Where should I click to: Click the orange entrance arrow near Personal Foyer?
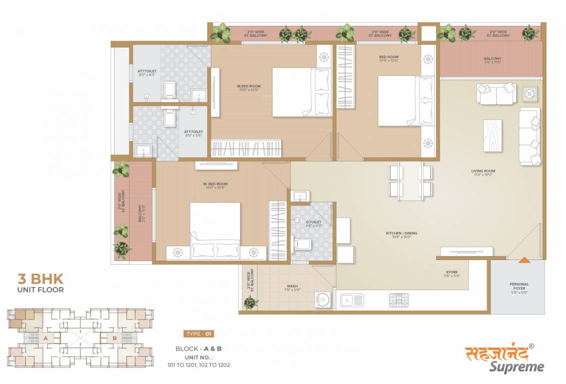[x=524, y=260]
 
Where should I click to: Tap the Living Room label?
[x=483, y=173]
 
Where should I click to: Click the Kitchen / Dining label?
[x=401, y=235]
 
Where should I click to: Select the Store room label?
[x=452, y=274]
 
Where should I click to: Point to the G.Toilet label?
[x=314, y=223]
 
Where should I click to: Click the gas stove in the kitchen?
[x=399, y=300]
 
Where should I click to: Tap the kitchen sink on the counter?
[x=352, y=300]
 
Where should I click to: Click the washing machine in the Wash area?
[x=323, y=300]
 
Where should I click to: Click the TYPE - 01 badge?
[x=198, y=333]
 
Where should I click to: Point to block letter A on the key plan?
[x=45, y=338]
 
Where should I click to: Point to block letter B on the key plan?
[x=114, y=338]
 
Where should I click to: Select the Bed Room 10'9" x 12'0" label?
[x=389, y=59]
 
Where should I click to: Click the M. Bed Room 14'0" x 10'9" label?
[x=215, y=186]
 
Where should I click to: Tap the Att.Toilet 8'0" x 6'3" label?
[x=146, y=73]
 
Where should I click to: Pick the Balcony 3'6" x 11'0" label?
[x=492, y=60]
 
